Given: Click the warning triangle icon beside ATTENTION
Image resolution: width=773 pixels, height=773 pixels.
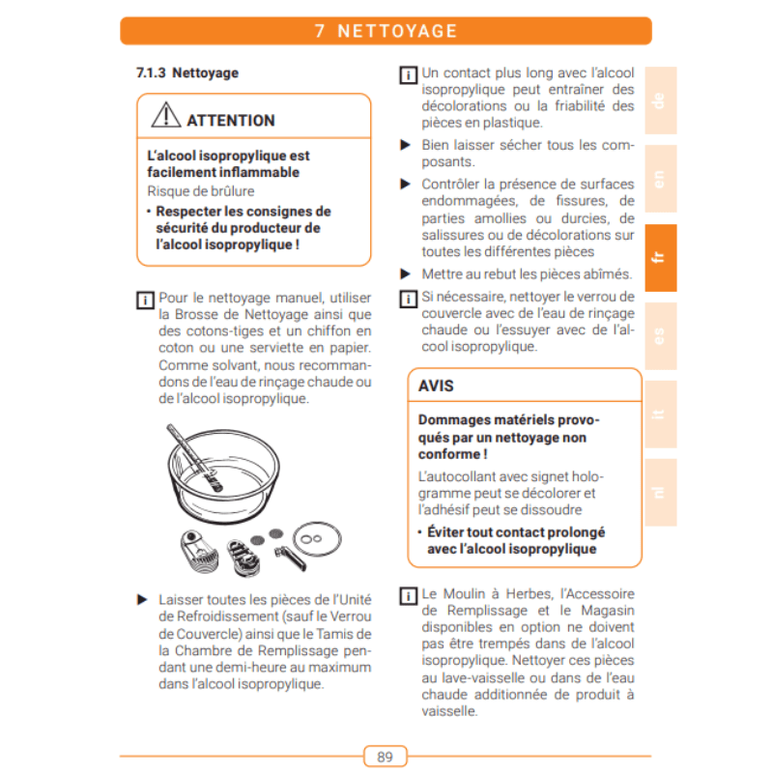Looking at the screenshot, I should pyautogui.click(x=166, y=118).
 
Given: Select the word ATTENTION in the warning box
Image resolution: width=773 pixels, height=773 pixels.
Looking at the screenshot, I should pyautogui.click(x=231, y=121).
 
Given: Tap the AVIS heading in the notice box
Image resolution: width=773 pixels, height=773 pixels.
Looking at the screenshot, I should pyautogui.click(x=436, y=386).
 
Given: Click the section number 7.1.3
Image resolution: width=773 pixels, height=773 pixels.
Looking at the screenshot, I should pyautogui.click(x=151, y=72).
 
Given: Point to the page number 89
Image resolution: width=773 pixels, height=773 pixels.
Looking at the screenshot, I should pyautogui.click(x=385, y=756).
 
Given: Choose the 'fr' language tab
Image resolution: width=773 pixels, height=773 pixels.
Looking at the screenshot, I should pyautogui.click(x=660, y=258).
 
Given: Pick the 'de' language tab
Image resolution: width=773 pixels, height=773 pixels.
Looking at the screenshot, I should pyautogui.click(x=660, y=100).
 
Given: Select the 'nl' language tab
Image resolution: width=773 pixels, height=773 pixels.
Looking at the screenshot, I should pyautogui.click(x=660, y=493).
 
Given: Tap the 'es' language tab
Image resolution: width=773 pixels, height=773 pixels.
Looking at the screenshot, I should pyautogui.click(x=660, y=336).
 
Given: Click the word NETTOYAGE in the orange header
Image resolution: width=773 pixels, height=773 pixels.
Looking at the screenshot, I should pyautogui.click(x=397, y=31).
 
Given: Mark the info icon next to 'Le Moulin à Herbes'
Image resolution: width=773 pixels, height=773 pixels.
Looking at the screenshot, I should pyautogui.click(x=408, y=594).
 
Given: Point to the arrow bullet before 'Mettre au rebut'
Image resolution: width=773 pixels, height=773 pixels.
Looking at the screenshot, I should pyautogui.click(x=407, y=273).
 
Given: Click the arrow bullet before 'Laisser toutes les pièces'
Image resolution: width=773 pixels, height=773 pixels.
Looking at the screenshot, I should pyautogui.click(x=142, y=599).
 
